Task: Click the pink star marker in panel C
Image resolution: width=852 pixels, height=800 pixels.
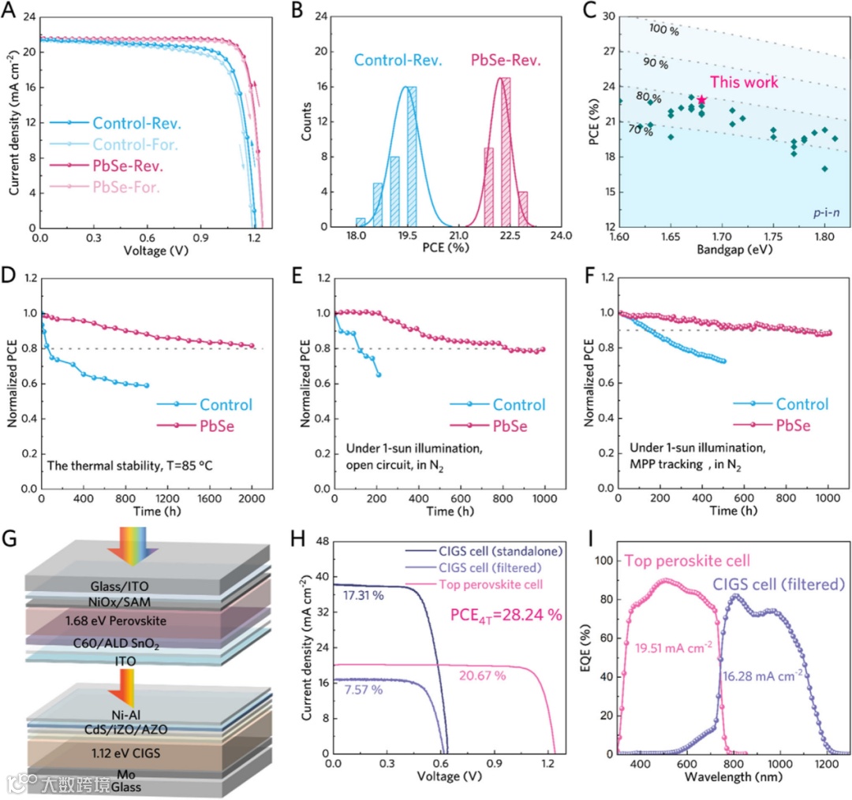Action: (x=701, y=99)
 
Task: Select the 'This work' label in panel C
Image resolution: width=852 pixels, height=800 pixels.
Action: (x=743, y=82)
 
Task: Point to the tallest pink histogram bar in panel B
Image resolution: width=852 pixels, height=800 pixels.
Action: (x=506, y=152)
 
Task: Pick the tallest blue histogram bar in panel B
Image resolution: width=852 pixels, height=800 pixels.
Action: (x=412, y=157)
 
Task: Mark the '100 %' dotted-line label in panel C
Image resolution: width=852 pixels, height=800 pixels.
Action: (x=663, y=29)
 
